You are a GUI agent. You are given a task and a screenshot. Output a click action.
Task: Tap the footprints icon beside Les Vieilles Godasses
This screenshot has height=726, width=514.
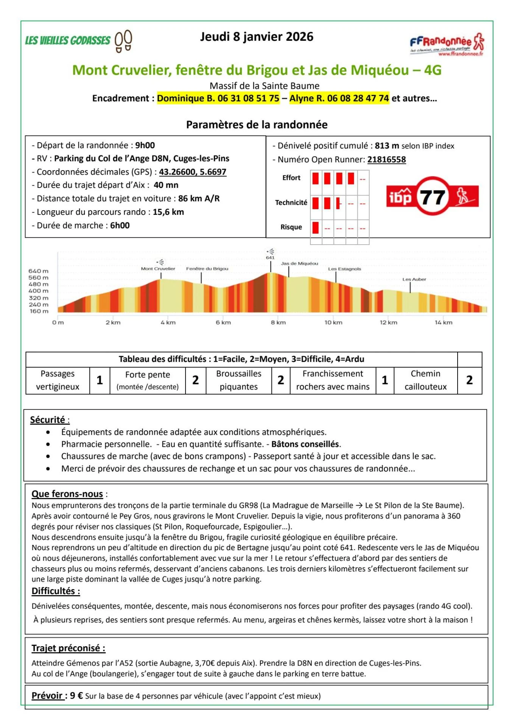point(123,41)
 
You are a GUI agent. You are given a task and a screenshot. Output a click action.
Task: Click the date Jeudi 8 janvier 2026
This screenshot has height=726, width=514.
point(257,37)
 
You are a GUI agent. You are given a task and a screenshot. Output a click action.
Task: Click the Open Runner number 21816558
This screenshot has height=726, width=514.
point(386,160)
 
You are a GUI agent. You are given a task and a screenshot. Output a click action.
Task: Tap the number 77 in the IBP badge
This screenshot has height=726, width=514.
point(433,197)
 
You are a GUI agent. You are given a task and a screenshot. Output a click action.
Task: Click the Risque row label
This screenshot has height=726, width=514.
point(291,227)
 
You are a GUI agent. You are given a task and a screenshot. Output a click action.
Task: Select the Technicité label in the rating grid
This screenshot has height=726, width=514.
point(291,203)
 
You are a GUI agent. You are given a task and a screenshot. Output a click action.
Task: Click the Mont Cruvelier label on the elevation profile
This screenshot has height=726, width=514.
point(158,269)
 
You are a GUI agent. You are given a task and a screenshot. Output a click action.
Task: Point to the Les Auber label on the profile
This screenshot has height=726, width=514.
point(414,279)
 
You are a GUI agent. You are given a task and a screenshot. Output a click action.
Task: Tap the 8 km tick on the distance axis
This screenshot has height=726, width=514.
point(278,323)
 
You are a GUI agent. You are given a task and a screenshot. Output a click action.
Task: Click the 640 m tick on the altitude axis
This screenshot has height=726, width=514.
point(39,271)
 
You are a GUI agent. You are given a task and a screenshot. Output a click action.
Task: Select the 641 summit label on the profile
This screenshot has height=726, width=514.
point(270,258)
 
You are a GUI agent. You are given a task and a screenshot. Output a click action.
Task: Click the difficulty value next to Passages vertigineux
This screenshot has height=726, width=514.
point(100,380)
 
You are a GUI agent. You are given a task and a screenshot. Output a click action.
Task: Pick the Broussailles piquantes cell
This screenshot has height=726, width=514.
point(238,380)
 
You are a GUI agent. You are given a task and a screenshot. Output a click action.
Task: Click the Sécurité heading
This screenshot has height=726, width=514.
point(48,420)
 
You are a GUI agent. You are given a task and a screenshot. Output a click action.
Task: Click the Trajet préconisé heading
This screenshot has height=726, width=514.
point(68,648)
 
